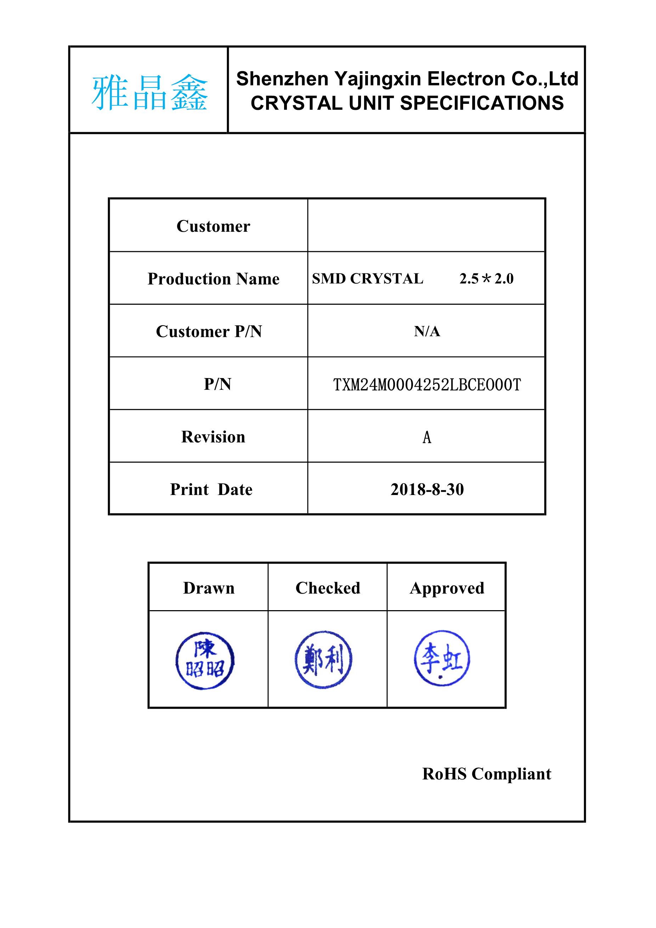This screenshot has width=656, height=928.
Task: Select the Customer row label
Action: [213, 226]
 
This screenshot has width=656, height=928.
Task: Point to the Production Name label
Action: [213, 279]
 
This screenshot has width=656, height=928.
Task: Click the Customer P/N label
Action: [209, 331]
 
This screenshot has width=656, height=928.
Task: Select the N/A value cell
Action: [426, 331]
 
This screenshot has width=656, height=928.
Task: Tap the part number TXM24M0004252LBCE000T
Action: [426, 385]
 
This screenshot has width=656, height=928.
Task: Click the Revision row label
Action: [213, 437]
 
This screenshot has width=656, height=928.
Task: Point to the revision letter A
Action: [426, 437]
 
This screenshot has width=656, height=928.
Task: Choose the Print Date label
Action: [211, 489]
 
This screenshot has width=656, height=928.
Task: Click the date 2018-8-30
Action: [426, 489]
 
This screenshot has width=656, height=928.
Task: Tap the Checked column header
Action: [328, 588]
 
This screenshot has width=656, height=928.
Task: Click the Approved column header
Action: [447, 588]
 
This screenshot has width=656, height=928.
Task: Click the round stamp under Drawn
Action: [205, 661]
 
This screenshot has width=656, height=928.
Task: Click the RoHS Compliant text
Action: [486, 774]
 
